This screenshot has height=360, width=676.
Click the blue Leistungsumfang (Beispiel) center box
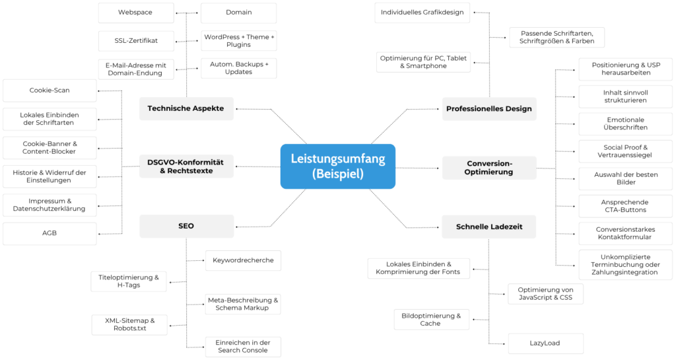tap(337, 166)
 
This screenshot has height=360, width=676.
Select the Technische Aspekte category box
tap(186, 108)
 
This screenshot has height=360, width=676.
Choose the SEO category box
tap(186, 226)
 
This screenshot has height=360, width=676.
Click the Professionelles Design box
tap(489, 108)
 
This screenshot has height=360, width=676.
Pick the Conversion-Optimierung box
tap(489, 167)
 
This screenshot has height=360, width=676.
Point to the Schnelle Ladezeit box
tap(489, 227)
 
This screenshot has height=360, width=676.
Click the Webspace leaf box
tap(136, 13)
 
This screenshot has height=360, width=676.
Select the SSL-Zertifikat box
tap(136, 40)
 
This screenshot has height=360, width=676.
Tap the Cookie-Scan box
tap(50, 90)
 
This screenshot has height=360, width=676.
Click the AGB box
tap(50, 233)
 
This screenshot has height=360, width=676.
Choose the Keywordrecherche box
tap(243, 260)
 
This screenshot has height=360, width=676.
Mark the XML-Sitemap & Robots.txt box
tap(129, 324)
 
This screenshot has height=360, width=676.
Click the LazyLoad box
tap(545, 343)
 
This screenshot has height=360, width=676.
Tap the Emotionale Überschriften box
tap(625, 123)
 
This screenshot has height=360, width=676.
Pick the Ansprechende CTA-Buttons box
tap(625, 206)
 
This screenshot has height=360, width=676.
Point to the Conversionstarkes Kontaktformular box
tap(625, 233)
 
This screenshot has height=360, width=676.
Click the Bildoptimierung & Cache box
tap(431, 320)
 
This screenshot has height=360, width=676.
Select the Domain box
tap(238, 13)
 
